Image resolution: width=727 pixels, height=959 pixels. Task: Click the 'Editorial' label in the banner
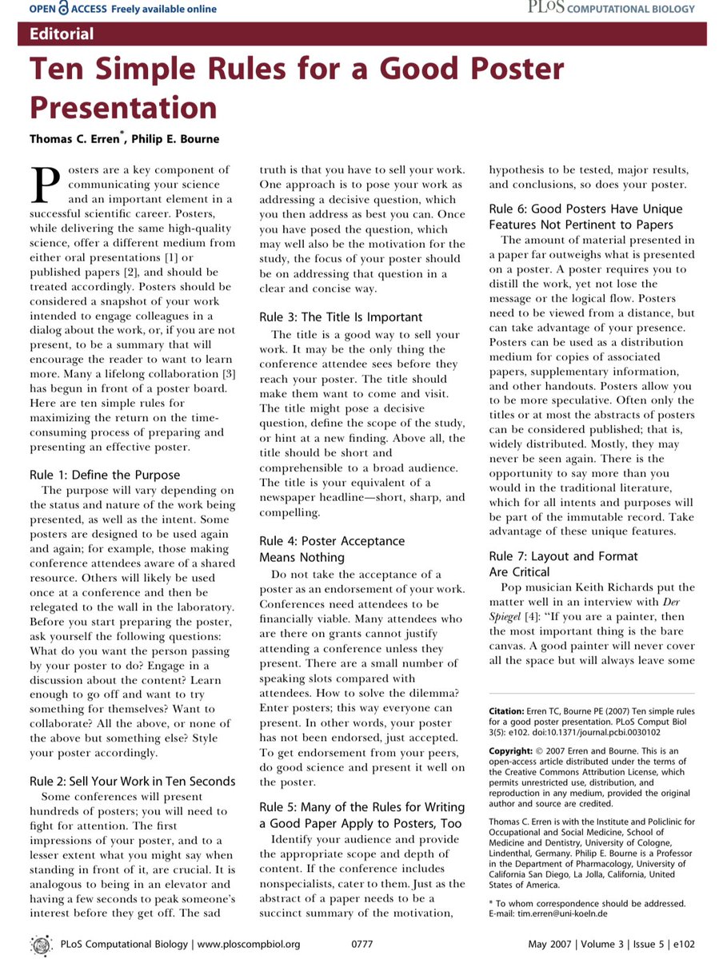[x=61, y=34]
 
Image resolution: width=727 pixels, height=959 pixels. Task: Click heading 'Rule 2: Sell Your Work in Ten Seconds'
[x=133, y=781]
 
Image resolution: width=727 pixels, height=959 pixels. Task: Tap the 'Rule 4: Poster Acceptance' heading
[x=331, y=541]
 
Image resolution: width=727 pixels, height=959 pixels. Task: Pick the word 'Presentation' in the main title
[x=123, y=107]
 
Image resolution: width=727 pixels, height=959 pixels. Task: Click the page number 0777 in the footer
[x=362, y=944]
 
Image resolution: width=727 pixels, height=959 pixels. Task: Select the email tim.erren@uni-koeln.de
[x=571, y=913]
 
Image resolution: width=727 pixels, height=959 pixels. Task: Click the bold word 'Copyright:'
[x=509, y=751]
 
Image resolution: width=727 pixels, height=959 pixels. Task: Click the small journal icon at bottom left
[x=41, y=944]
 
